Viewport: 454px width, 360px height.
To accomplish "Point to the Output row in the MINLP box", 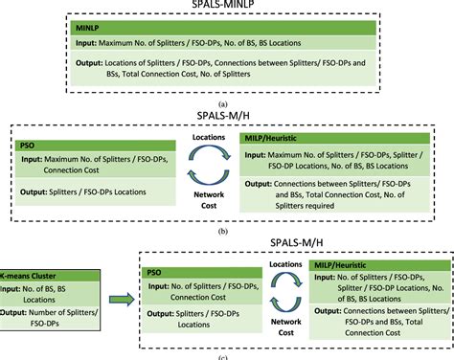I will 227,75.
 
